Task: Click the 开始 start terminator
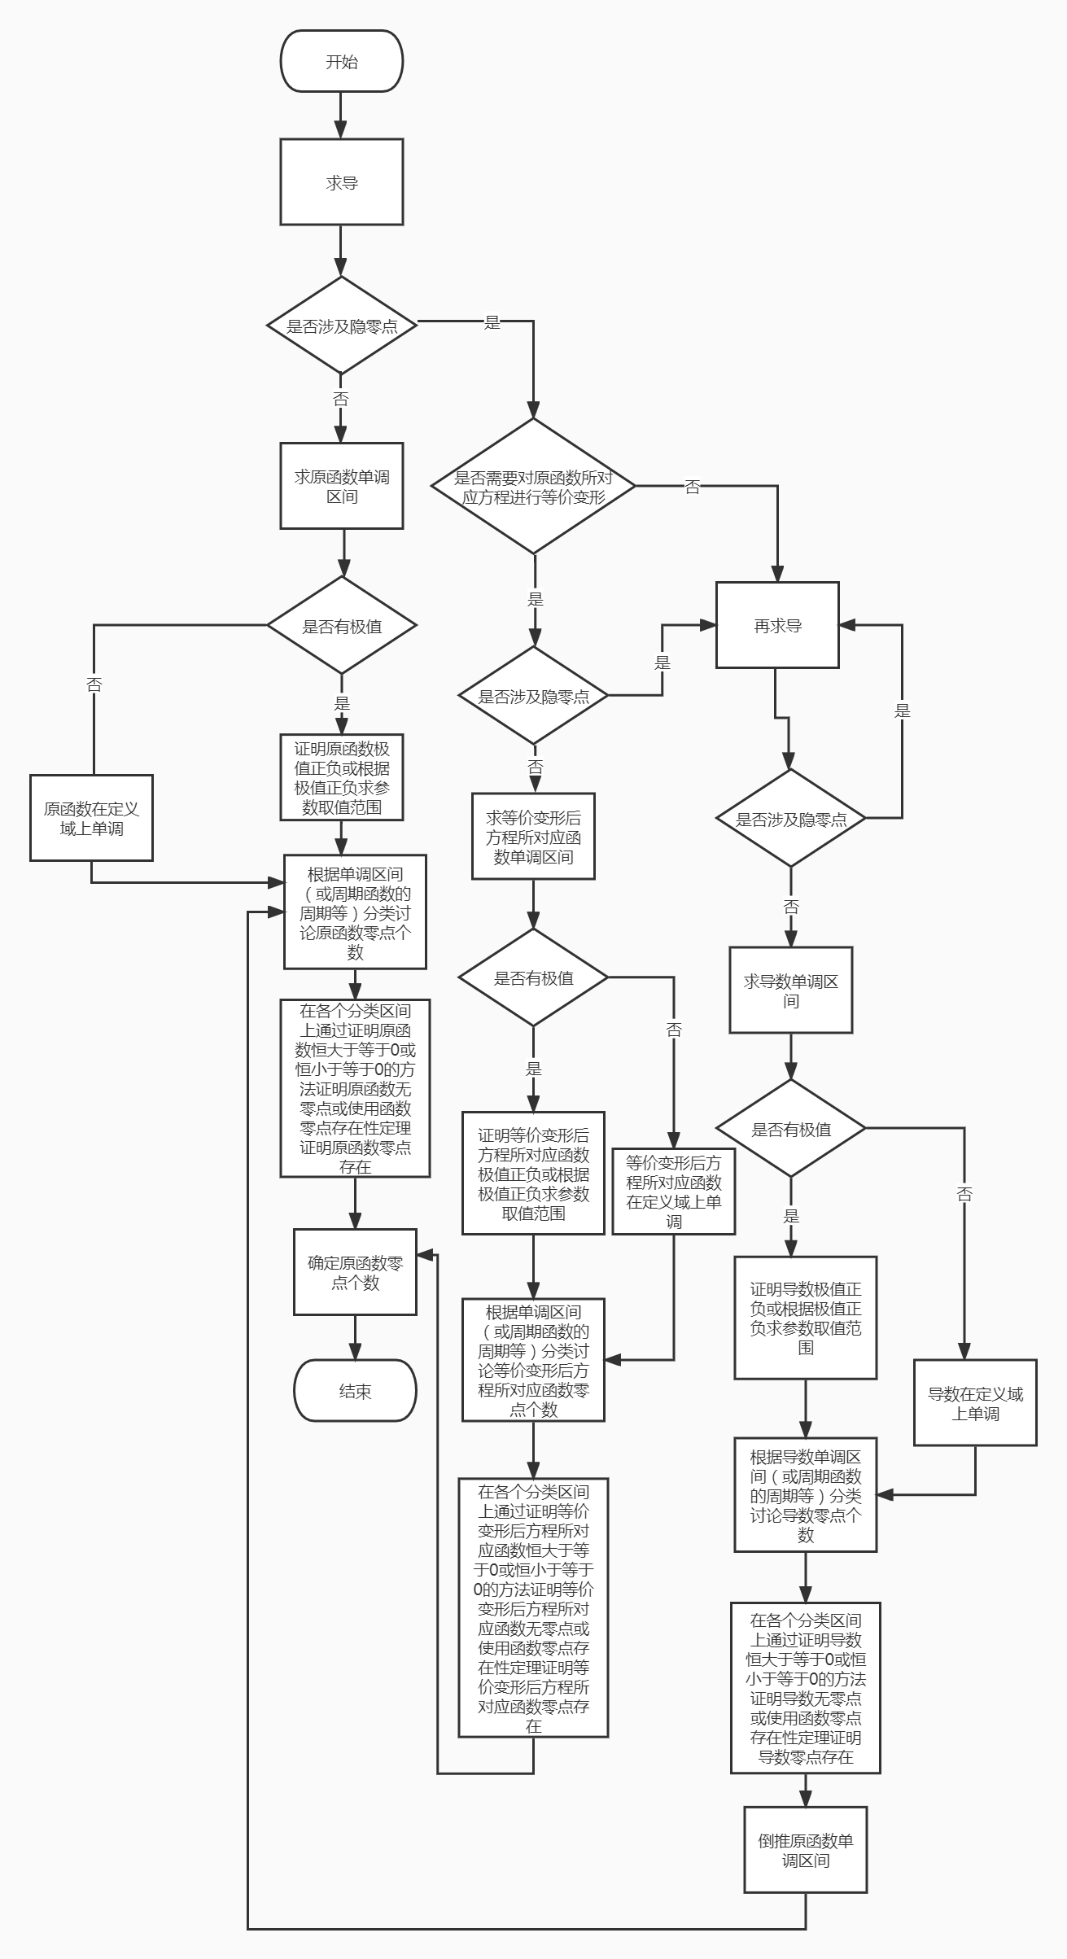(342, 61)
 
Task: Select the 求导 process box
(342, 181)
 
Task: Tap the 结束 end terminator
(355, 1391)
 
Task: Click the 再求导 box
(777, 625)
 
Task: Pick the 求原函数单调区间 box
(342, 486)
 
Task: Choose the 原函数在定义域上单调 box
(91, 818)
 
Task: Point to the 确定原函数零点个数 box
(355, 1272)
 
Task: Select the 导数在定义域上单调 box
(975, 1403)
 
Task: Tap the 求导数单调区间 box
(790, 990)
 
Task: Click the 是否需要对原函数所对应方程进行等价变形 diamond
(533, 487)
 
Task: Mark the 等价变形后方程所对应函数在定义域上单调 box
(674, 1192)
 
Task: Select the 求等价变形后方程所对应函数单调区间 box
(533, 837)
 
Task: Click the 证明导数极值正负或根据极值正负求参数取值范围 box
(806, 1318)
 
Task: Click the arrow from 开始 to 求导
(341, 115)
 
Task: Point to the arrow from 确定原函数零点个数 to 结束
(355, 1337)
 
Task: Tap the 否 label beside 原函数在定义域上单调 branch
(94, 684)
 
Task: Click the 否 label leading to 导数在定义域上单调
(964, 1194)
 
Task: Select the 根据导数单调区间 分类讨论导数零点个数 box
(806, 1495)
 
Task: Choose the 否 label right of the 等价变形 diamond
(693, 487)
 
